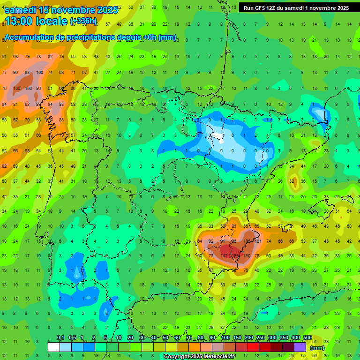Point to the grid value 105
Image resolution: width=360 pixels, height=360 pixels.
coord(247,241)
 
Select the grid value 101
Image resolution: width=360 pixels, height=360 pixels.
coord(258,241)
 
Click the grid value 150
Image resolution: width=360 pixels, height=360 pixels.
coord(247,256)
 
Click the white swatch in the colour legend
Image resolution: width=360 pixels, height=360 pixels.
coord(54,347)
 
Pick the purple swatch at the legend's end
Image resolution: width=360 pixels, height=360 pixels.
coord(300,347)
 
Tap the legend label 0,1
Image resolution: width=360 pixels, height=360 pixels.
coord(60,338)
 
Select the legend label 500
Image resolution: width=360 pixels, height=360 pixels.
coord(307,338)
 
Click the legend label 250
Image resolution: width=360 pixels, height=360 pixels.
coord(260,338)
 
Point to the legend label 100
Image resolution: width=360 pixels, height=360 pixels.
coord(225,338)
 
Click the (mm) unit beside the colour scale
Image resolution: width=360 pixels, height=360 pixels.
coord(317,348)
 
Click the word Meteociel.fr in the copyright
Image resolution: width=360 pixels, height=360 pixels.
coord(217,357)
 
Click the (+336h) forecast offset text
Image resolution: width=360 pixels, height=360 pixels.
coord(83,21)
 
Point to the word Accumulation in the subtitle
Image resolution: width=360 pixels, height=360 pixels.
coord(29,37)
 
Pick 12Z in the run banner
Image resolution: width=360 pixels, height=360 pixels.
coord(273,8)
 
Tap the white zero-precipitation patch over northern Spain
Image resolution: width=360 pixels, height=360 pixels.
coord(217,136)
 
